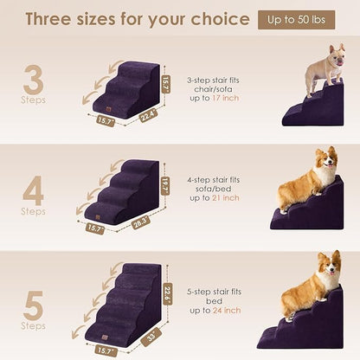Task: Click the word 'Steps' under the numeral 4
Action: (32, 210)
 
